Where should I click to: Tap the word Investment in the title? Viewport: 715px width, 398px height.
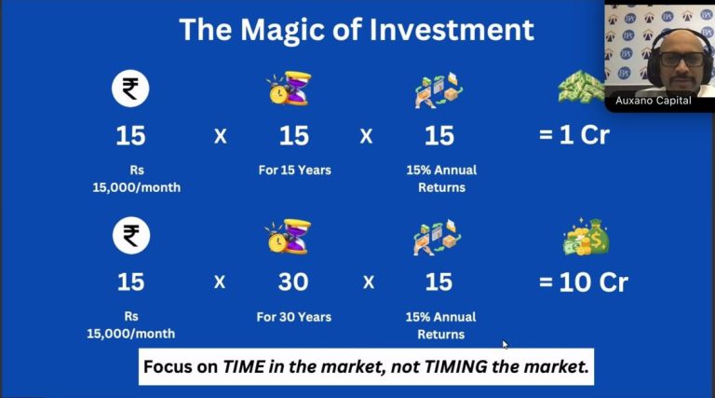452,30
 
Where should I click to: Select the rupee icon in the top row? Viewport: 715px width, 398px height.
130,89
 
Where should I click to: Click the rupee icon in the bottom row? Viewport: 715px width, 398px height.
131,236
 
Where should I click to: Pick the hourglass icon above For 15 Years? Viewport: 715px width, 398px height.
290,89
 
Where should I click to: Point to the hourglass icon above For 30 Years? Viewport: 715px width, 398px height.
290,237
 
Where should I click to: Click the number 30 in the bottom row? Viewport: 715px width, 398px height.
293,282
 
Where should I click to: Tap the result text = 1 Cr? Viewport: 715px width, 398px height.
574,135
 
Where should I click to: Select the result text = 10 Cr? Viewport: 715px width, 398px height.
583,282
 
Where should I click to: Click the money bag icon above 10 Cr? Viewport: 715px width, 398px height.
587,237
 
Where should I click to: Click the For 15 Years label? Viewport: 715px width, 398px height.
294,171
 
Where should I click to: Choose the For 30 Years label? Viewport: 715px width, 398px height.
293,317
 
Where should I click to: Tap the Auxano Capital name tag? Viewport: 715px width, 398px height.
653,101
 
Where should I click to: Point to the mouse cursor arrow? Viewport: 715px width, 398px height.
505,345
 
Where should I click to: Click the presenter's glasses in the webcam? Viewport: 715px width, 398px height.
682,60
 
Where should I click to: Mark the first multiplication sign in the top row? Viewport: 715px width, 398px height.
221,136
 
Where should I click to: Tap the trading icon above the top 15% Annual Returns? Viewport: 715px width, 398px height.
438,89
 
